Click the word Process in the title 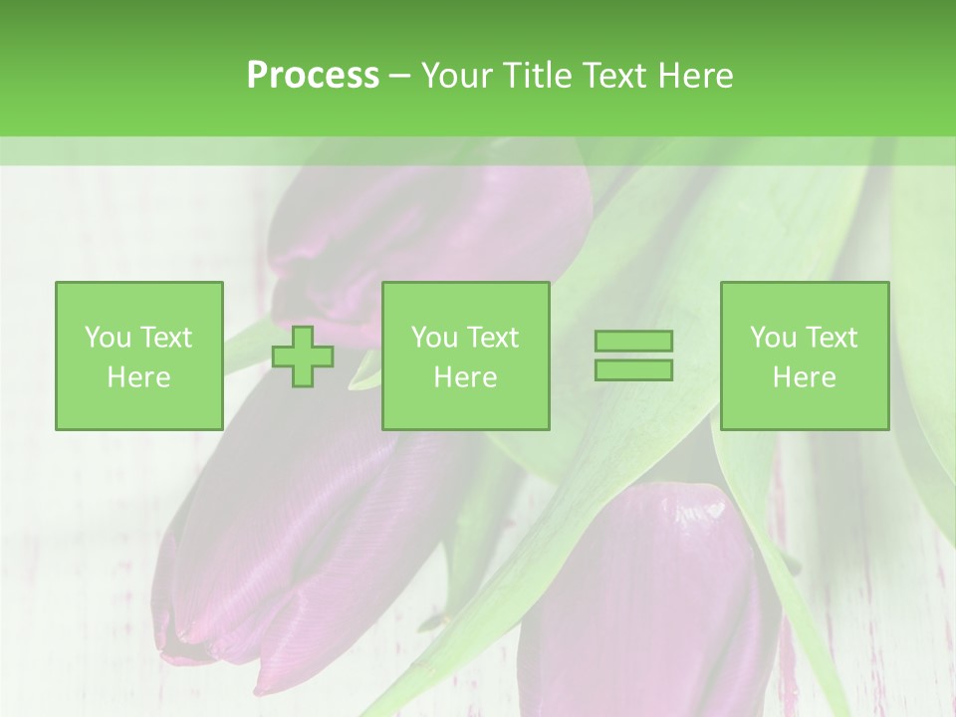click(x=313, y=76)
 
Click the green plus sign click(x=303, y=356)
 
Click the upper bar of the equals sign click(x=633, y=341)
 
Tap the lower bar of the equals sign click(x=633, y=369)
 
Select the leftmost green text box click(x=138, y=356)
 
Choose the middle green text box click(x=465, y=356)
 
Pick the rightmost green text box click(x=805, y=356)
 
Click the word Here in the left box click(x=138, y=377)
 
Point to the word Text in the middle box click(x=491, y=338)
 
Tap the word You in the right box click(x=773, y=338)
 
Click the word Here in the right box click(x=805, y=377)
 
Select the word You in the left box click(x=108, y=338)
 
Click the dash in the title click(x=400, y=76)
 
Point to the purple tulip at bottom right click(x=647, y=597)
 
